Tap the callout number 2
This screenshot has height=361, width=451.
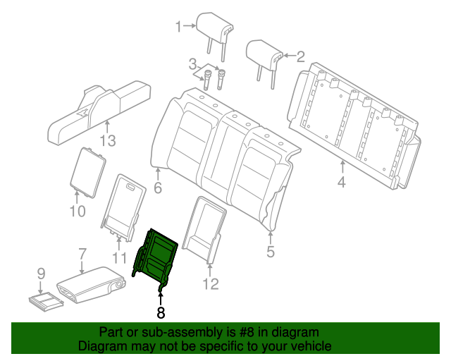[x=300, y=56]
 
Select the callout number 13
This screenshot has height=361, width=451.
[x=106, y=140]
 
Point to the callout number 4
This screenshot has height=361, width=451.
[x=341, y=184]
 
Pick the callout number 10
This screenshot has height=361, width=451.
[x=77, y=211]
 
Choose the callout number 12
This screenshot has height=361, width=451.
[x=211, y=284]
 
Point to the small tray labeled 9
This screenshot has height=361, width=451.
[x=46, y=302]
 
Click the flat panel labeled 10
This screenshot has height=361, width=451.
[x=89, y=169]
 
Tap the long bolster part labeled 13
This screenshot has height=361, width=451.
[x=99, y=110]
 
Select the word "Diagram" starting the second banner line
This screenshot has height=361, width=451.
[x=101, y=346]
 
